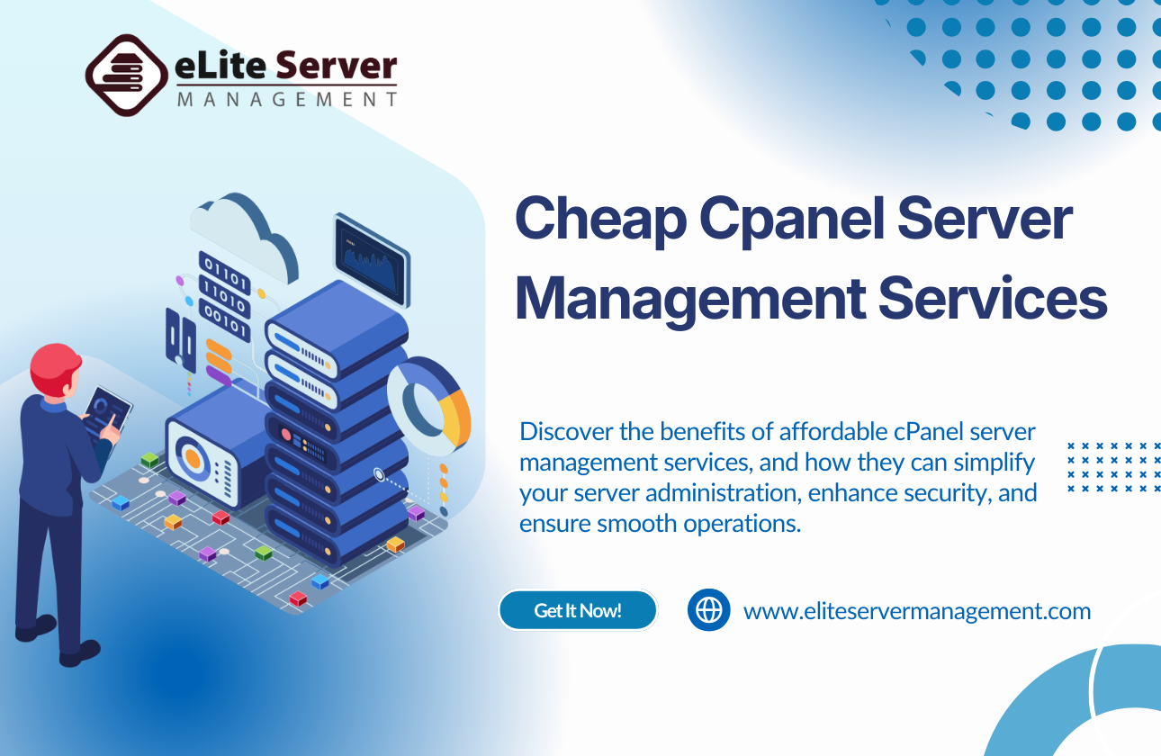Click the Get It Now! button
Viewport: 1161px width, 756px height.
pyautogui.click(x=578, y=610)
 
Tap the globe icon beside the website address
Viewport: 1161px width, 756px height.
pyautogui.click(x=709, y=610)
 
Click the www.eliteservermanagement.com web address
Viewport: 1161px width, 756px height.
pyautogui.click(x=916, y=612)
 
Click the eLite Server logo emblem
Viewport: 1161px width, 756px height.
pyautogui.click(x=127, y=76)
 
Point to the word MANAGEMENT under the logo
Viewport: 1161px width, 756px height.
pyautogui.click(x=286, y=100)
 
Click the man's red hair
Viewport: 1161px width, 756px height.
pyautogui.click(x=54, y=364)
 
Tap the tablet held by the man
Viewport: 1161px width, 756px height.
pyautogui.click(x=110, y=409)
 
